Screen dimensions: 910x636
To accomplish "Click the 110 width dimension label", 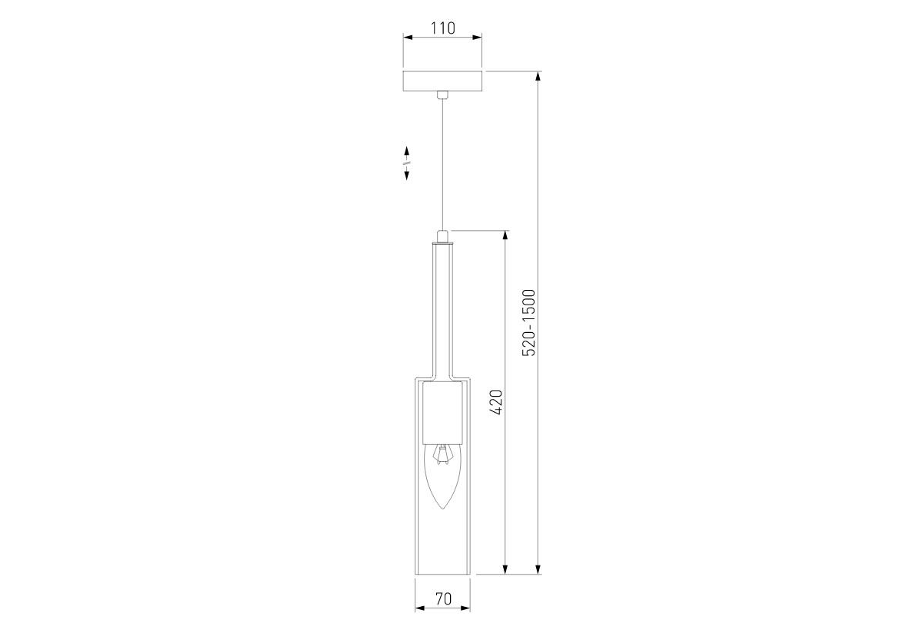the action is point(443,28).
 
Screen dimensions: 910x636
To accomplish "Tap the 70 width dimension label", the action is point(443,599).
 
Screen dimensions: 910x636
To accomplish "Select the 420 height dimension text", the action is point(496,402).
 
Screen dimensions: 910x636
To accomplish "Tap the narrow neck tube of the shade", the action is point(443,312).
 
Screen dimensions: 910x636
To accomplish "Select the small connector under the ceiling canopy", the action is point(443,94).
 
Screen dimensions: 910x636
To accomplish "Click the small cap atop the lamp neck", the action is point(443,236).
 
